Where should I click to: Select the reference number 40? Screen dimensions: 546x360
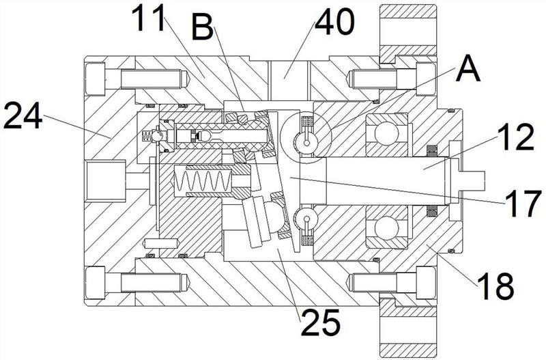pyautogui.click(x=334, y=22)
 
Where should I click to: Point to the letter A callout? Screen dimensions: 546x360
pyautogui.click(x=469, y=69)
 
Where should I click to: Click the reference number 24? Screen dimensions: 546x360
pyautogui.click(x=23, y=115)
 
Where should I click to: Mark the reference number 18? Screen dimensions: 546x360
pyautogui.click(x=495, y=286)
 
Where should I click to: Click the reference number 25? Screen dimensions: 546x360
pyautogui.click(x=321, y=322)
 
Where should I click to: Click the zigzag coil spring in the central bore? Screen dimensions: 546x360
pyautogui.click(x=203, y=180)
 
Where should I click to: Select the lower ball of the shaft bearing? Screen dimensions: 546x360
pyautogui.click(x=386, y=227)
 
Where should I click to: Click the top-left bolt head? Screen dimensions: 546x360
pyautogui.click(x=95, y=79)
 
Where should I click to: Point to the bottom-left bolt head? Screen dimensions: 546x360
pyautogui.click(x=95, y=283)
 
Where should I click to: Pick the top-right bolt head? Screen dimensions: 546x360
pyautogui.click(x=426, y=79)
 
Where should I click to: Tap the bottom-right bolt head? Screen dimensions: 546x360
pyautogui.click(x=426, y=283)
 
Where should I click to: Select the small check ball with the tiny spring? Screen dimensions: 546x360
pyautogui.click(x=156, y=135)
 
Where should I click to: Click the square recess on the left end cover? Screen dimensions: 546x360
pyautogui.click(x=105, y=180)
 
